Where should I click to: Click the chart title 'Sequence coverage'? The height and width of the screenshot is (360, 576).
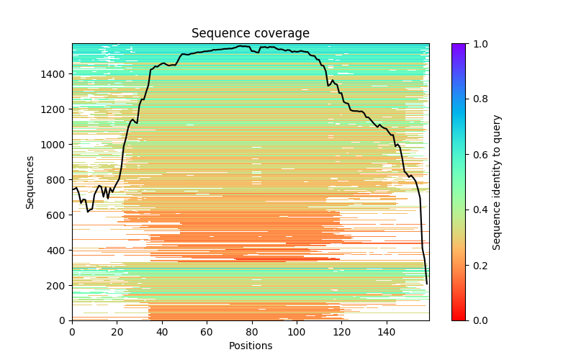[x=251, y=33]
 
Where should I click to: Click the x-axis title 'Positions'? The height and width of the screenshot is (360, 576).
[x=251, y=346]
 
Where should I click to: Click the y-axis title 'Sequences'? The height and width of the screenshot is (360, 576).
[x=30, y=181]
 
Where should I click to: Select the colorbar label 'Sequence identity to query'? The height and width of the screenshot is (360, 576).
[x=497, y=181]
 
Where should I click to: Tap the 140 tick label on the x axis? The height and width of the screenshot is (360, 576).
[x=387, y=332]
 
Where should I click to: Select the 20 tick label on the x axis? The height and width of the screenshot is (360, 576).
[x=117, y=332]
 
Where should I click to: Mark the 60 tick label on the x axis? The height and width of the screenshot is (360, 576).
[x=207, y=332]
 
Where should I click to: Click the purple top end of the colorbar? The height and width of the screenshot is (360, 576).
[x=458, y=45]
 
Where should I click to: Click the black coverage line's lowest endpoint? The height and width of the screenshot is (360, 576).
[x=426, y=284]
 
